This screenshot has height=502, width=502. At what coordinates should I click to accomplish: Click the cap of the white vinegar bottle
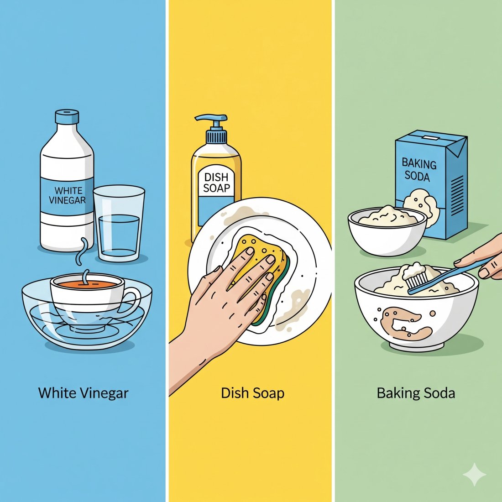pyautogui.click(x=67, y=117)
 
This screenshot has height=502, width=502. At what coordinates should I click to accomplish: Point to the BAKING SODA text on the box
pyautogui.click(x=419, y=169)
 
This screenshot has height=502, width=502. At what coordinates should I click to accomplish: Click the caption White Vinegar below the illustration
pyautogui.click(x=83, y=393)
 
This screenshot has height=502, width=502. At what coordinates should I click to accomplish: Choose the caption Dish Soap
pyautogui.click(x=252, y=393)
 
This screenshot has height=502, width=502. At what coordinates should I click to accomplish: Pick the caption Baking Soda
pyautogui.click(x=416, y=393)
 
